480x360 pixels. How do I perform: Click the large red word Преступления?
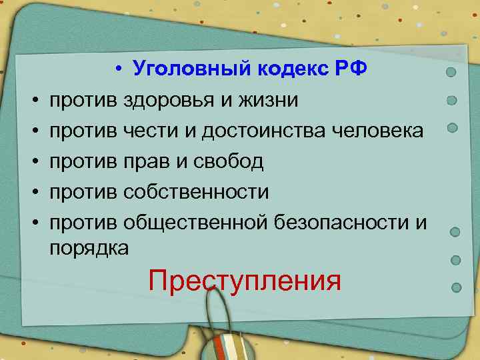point(245,280)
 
